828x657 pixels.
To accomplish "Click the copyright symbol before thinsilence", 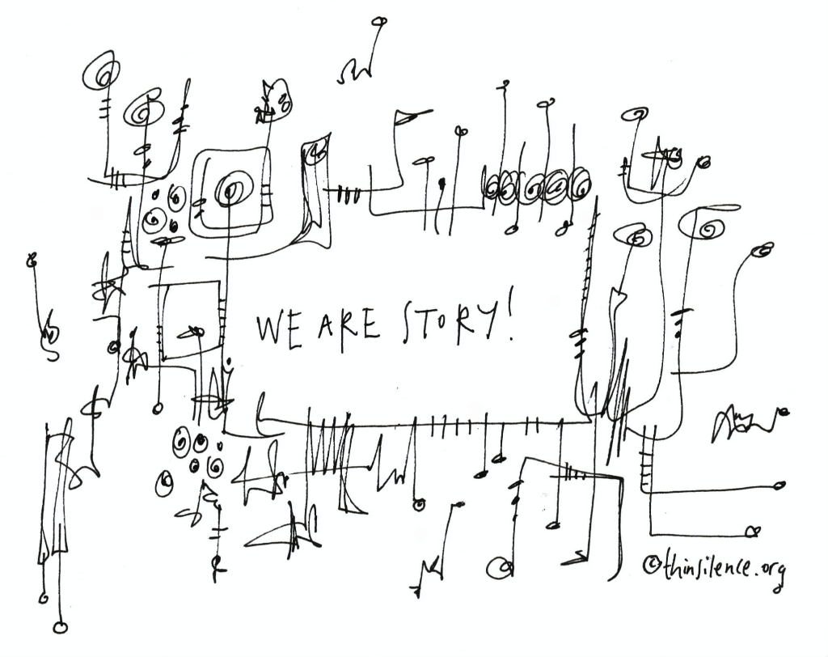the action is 651,565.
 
